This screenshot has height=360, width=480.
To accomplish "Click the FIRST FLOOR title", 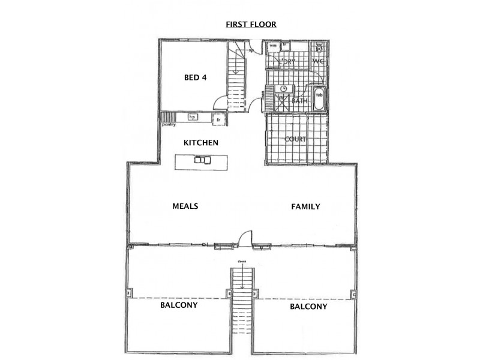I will [x=251, y=25].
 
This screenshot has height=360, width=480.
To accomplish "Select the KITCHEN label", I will [x=200, y=143].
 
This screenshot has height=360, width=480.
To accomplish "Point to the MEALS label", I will [x=185, y=206].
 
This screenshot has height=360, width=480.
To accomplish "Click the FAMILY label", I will [x=305, y=206].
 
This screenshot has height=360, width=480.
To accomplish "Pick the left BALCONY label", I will [x=179, y=305].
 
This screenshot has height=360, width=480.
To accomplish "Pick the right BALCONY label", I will [x=308, y=307].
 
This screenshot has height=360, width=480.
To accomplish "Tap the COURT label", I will [x=296, y=139].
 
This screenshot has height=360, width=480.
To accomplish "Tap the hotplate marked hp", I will [x=193, y=117].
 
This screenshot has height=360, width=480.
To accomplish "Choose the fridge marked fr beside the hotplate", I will [x=219, y=120].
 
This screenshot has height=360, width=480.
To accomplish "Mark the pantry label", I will [x=169, y=125].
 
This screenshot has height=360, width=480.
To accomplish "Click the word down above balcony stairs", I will [x=241, y=262].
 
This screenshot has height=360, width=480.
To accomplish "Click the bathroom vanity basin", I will [x=284, y=89].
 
